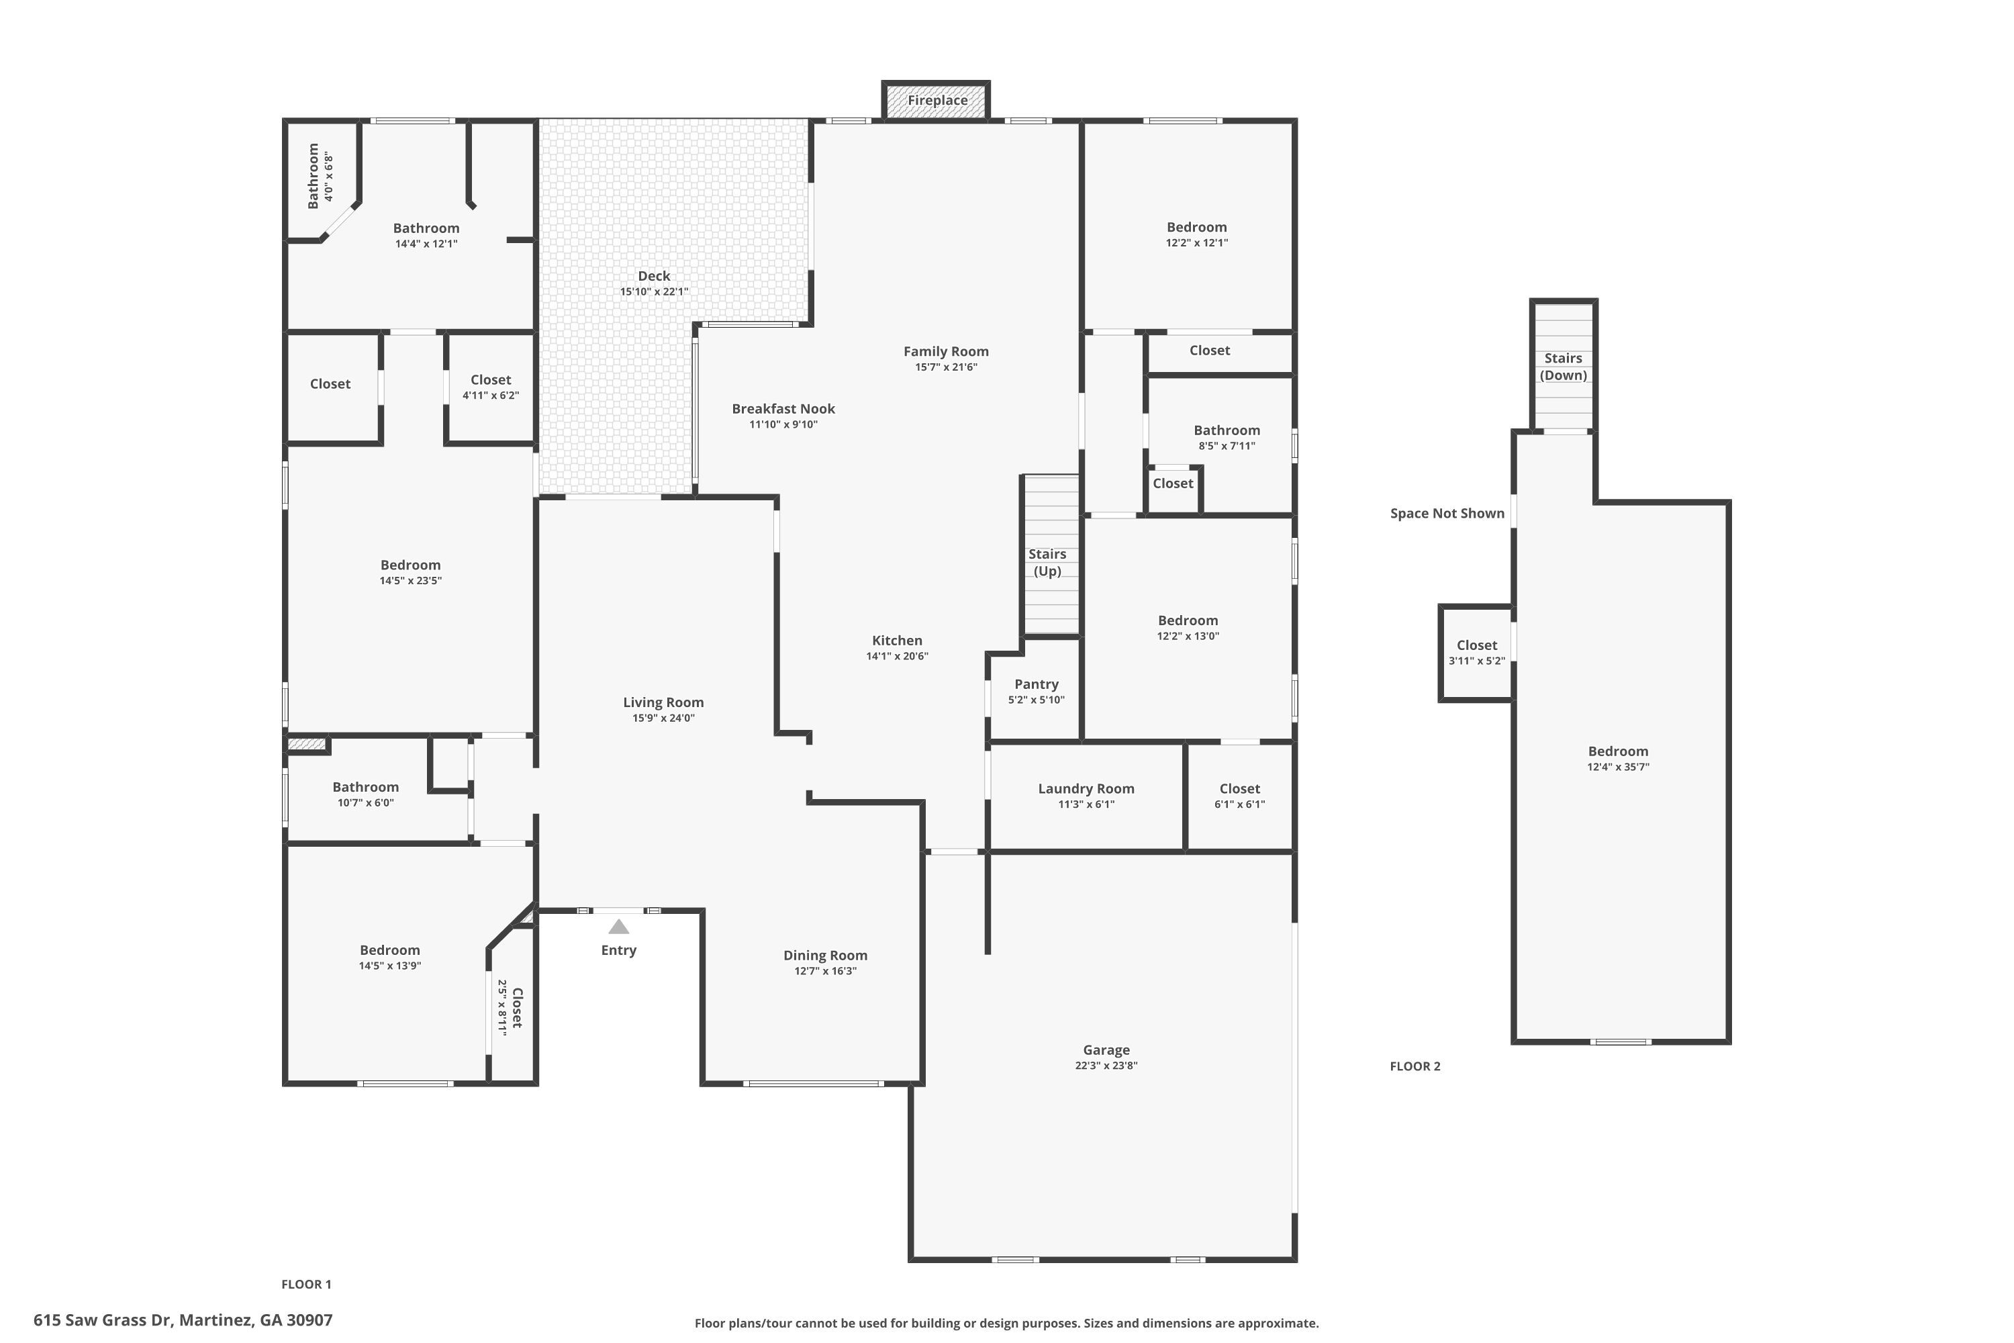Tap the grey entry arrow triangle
click(618, 927)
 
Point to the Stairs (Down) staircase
click(1564, 367)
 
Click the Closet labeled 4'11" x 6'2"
click(491, 380)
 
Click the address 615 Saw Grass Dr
click(183, 1320)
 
